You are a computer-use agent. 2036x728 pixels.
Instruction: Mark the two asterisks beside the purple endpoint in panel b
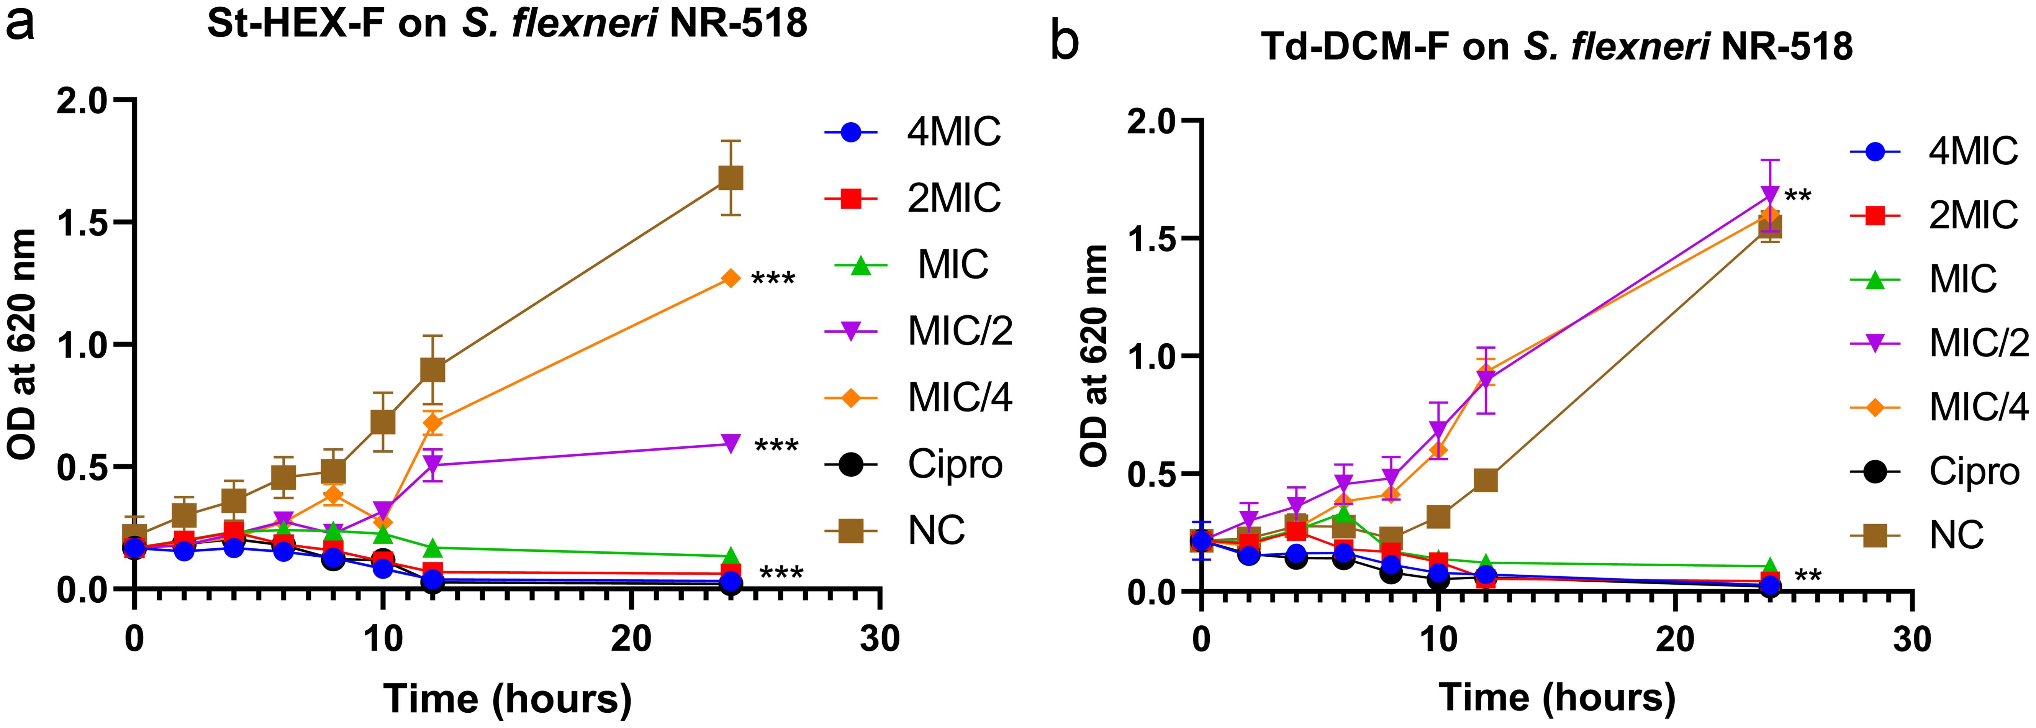pyautogui.click(x=1797, y=196)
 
